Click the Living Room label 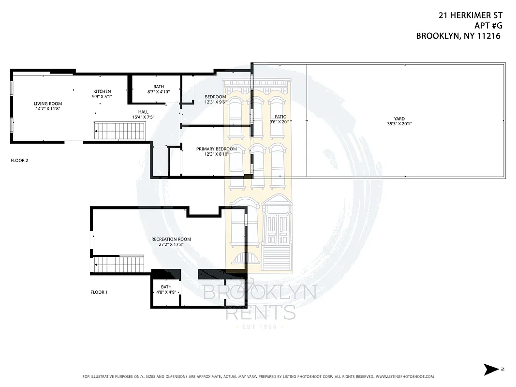click(x=48, y=104)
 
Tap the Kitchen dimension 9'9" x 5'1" click(x=102, y=96)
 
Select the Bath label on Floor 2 click(x=159, y=87)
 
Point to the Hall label click(x=143, y=112)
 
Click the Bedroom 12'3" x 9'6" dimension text click(x=215, y=102)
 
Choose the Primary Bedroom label click(x=216, y=149)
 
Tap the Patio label click(x=280, y=117)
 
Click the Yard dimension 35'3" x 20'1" click(x=399, y=124)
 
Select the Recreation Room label click(x=171, y=239)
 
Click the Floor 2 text click(x=19, y=160)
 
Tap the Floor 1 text click(x=99, y=292)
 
